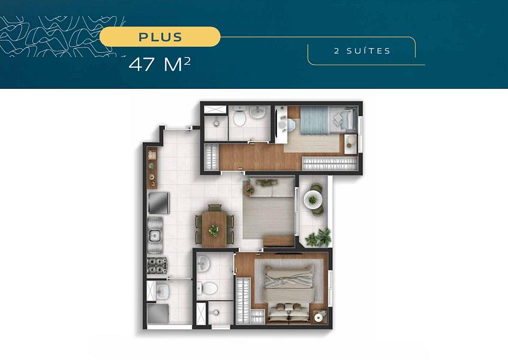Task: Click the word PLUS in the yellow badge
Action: (x=160, y=37)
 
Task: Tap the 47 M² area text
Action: (x=160, y=64)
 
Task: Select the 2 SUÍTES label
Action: (x=362, y=51)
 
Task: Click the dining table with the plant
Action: (x=214, y=229)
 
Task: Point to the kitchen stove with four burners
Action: (x=157, y=265)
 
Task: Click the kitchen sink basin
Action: (x=154, y=235)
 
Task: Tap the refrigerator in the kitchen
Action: (x=158, y=203)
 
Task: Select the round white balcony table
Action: (x=312, y=200)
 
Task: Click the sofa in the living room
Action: (x=272, y=188)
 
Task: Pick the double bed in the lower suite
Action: (x=288, y=293)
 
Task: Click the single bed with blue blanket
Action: (x=328, y=120)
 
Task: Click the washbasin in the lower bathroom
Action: (x=203, y=263)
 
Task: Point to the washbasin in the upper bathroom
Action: (x=258, y=112)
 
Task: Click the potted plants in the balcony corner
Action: (x=318, y=238)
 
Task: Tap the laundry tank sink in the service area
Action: (x=161, y=290)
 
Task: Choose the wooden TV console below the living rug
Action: (x=278, y=241)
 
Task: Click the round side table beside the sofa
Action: (x=250, y=190)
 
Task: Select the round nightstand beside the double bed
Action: (x=320, y=317)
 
